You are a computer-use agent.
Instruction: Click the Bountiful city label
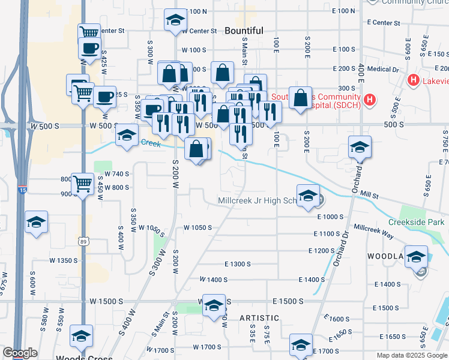244,31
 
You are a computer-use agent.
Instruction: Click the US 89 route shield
83,241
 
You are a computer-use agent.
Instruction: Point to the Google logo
20,353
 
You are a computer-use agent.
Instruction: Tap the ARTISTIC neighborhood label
259,317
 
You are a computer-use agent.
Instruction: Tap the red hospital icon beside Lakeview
413,80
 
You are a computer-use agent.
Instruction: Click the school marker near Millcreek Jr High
308,196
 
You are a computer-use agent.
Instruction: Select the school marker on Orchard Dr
360,146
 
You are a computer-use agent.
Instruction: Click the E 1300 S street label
237,264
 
